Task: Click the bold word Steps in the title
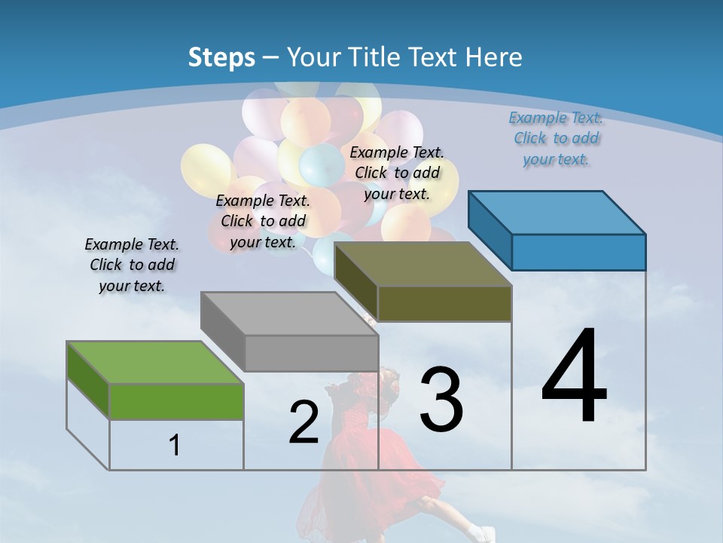point(221,57)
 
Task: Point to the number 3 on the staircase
point(441,400)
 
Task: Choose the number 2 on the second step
point(304,422)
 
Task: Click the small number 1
point(175,445)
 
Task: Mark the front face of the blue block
point(578,252)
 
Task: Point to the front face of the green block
point(176,401)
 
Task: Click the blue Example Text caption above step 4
point(556,138)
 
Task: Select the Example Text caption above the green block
point(132,265)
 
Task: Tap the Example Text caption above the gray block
point(263,221)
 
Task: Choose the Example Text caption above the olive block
point(397,173)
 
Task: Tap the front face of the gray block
point(311,353)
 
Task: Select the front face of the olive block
point(444,304)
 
